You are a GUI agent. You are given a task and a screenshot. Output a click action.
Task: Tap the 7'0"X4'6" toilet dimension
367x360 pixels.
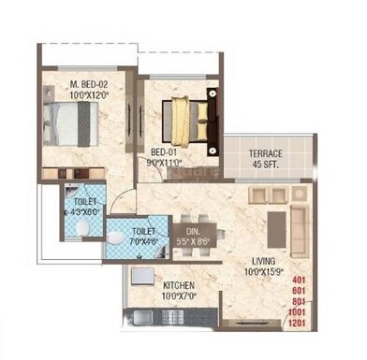pos(143,239)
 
